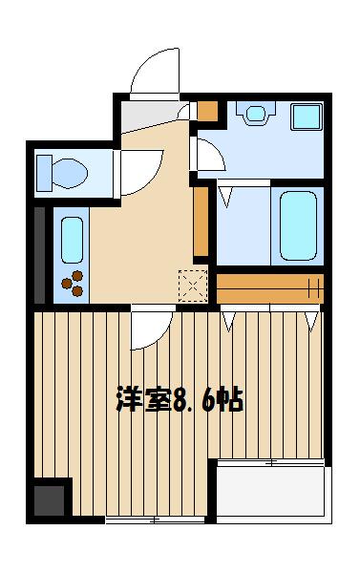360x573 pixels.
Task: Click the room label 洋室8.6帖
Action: point(180,399)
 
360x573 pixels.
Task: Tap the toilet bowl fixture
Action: point(62,173)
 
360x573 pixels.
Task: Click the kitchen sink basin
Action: point(73,241)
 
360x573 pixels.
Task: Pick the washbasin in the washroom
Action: point(255,115)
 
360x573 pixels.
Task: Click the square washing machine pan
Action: point(307,118)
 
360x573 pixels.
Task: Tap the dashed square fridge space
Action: point(192,285)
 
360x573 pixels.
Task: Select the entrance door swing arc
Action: point(153,74)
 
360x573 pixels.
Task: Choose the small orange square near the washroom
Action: point(208,110)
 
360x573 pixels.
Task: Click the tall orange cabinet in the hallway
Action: point(201,222)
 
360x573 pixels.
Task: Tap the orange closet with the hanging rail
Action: point(269,286)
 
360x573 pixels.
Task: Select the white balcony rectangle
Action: point(270,492)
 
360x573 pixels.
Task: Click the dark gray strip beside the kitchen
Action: point(39,254)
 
